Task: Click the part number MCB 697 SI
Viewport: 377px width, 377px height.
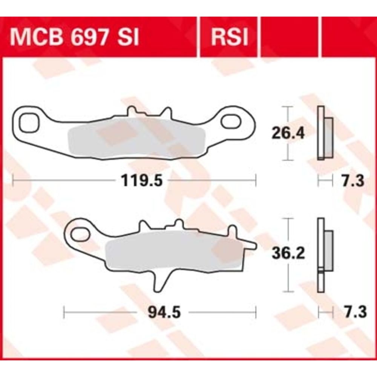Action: (x=74, y=37)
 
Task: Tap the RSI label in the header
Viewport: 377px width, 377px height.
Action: (x=229, y=37)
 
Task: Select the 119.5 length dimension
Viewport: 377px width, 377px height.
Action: (x=142, y=180)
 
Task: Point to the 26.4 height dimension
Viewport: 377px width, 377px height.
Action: (x=288, y=133)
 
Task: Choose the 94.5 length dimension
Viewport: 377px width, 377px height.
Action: (x=164, y=312)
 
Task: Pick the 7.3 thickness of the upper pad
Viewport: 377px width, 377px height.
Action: (x=353, y=181)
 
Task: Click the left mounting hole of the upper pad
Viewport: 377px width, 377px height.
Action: (x=29, y=123)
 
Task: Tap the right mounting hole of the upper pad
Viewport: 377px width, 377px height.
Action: (x=231, y=121)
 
